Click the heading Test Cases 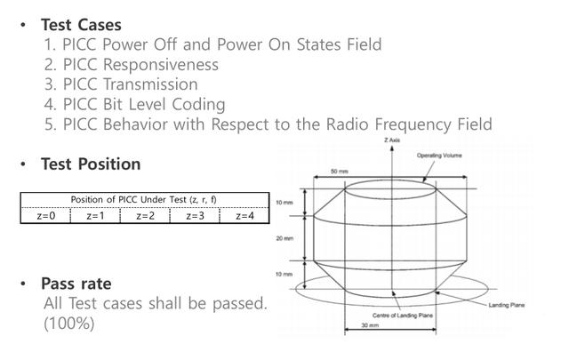81,25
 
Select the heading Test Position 91,164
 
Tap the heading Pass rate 76,284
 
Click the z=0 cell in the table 45,215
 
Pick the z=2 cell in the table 145,215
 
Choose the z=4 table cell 244,215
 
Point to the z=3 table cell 195,215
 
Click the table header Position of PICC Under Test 145,200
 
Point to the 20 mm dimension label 284,238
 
